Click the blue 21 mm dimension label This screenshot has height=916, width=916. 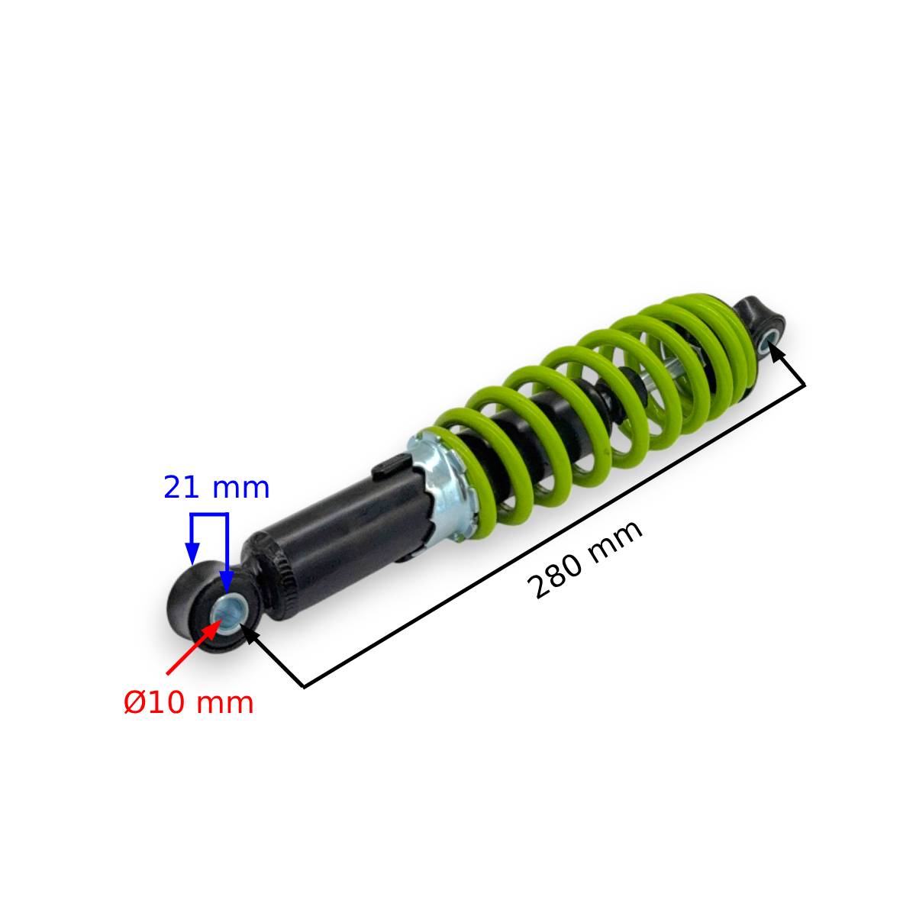(x=217, y=488)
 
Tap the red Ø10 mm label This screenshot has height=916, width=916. (x=189, y=703)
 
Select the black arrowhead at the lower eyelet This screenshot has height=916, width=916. (x=250, y=634)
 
